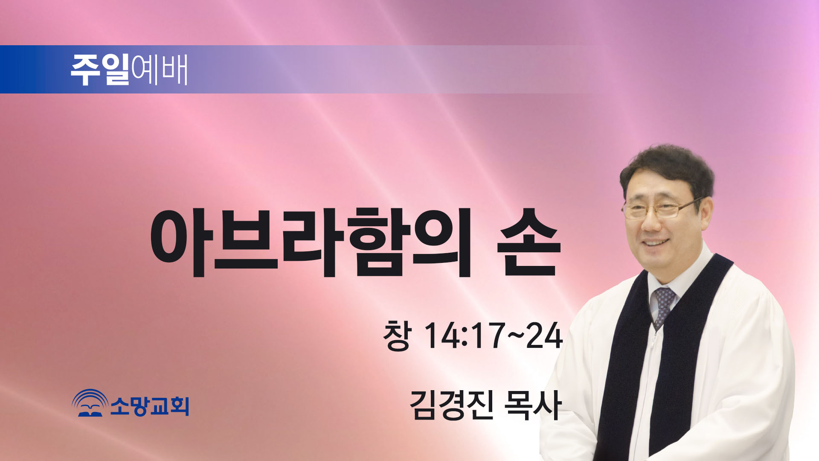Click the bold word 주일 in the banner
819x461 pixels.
click(x=100, y=70)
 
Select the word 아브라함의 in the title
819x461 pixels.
click(x=311, y=242)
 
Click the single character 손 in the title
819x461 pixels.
click(x=529, y=242)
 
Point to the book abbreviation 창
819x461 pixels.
click(x=398, y=336)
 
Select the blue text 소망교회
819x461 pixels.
click(x=150, y=406)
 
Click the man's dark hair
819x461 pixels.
click(x=668, y=171)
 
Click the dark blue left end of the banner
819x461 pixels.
click(x=21, y=69)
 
